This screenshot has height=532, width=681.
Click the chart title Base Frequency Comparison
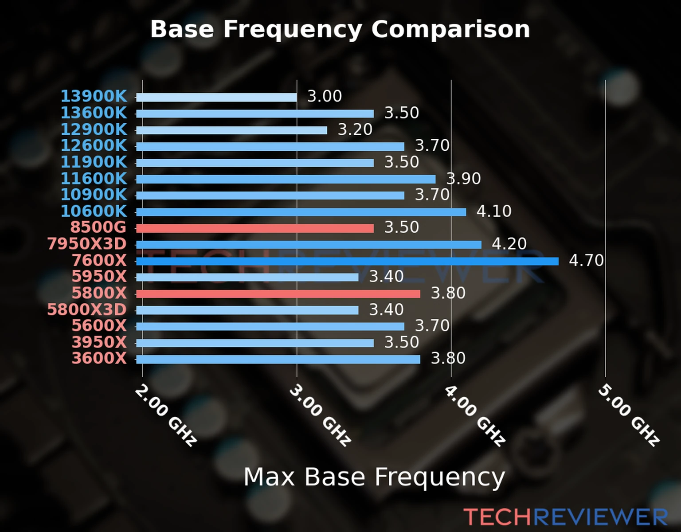pyautogui.click(x=340, y=29)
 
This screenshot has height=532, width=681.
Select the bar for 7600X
pyautogui.click(x=347, y=261)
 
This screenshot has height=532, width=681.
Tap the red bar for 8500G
pyautogui.click(x=255, y=228)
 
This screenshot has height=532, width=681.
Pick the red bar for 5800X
pyautogui.click(x=278, y=293)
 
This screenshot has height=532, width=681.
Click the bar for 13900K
pyautogui.click(x=216, y=97)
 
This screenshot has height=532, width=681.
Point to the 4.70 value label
pyautogui.click(x=586, y=260)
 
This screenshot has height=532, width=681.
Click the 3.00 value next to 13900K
pyautogui.click(x=325, y=96)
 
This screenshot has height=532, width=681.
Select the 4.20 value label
pyautogui.click(x=509, y=244)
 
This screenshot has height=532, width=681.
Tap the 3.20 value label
pyautogui.click(x=355, y=129)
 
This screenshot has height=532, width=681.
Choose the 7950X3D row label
pyautogui.click(x=87, y=244)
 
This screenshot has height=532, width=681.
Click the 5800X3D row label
pyautogui.click(x=87, y=309)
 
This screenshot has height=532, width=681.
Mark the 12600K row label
pyautogui.click(x=94, y=145)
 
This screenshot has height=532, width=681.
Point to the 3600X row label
pyautogui.click(x=99, y=358)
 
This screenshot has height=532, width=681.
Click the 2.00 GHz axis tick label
pyautogui.click(x=166, y=415)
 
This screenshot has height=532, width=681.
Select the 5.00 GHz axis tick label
pyautogui.click(x=629, y=415)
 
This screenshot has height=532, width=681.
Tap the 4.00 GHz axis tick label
pyautogui.click(x=474, y=415)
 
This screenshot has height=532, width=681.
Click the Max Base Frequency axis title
pyautogui.click(x=374, y=477)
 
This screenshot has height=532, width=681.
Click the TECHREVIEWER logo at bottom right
pyautogui.click(x=566, y=517)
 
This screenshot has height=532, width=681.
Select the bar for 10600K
pyautogui.click(x=301, y=212)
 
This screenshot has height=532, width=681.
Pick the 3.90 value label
pyautogui.click(x=463, y=179)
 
